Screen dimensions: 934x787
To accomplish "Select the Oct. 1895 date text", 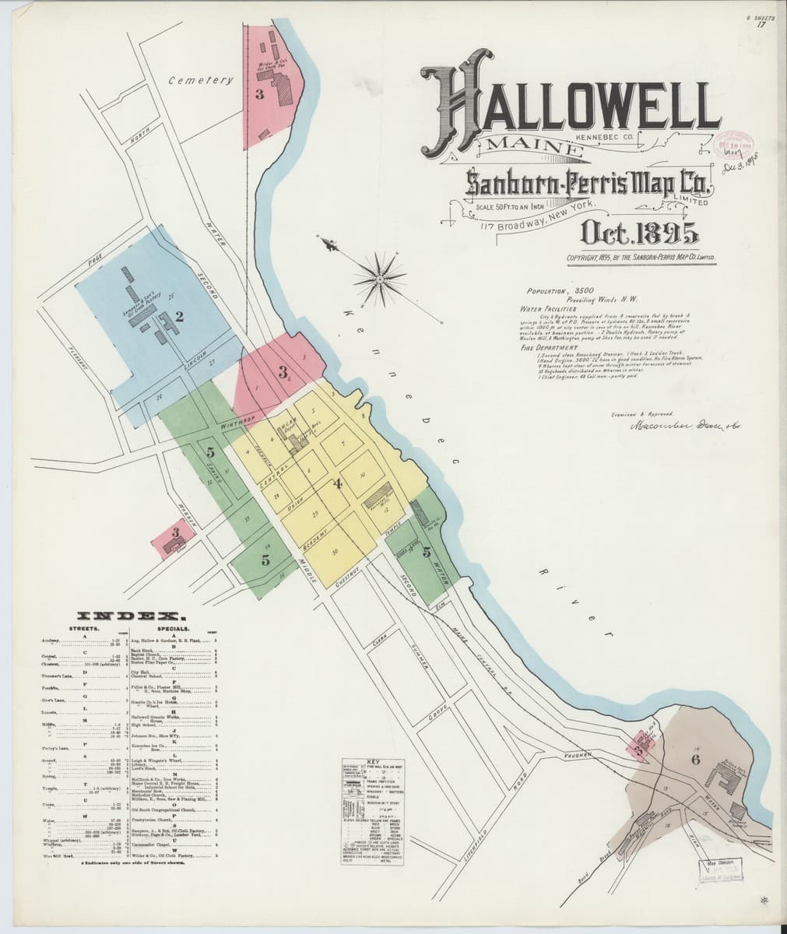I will click(638, 233).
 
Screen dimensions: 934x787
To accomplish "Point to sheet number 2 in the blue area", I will click(179, 316).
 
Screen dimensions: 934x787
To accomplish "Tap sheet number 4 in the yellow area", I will click(337, 483).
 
